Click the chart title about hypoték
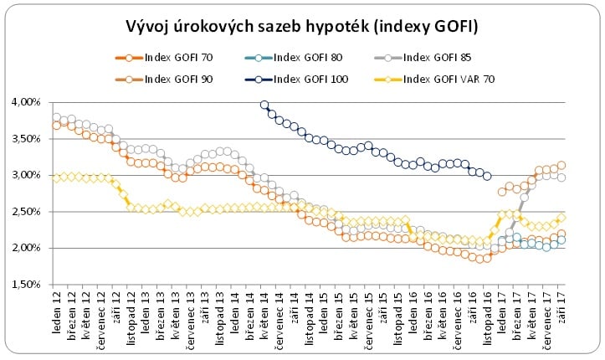click(x=301, y=27)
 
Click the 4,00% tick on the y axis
click(x=26, y=102)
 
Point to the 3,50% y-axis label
click(x=26, y=139)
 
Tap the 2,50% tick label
click(x=26, y=212)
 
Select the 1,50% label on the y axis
click(x=26, y=285)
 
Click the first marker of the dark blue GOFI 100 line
click(x=264, y=105)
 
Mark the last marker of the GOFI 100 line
click(x=488, y=176)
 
